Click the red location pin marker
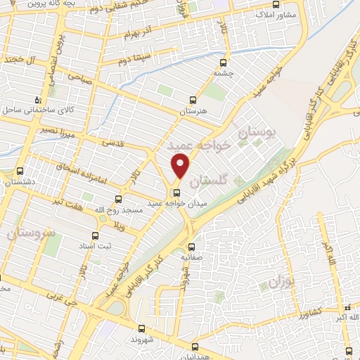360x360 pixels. [181, 166]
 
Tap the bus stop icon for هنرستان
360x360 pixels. [194, 101]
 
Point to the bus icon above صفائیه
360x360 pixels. [192, 246]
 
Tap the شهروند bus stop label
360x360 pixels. [142, 339]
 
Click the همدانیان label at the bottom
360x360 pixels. [194, 357]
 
